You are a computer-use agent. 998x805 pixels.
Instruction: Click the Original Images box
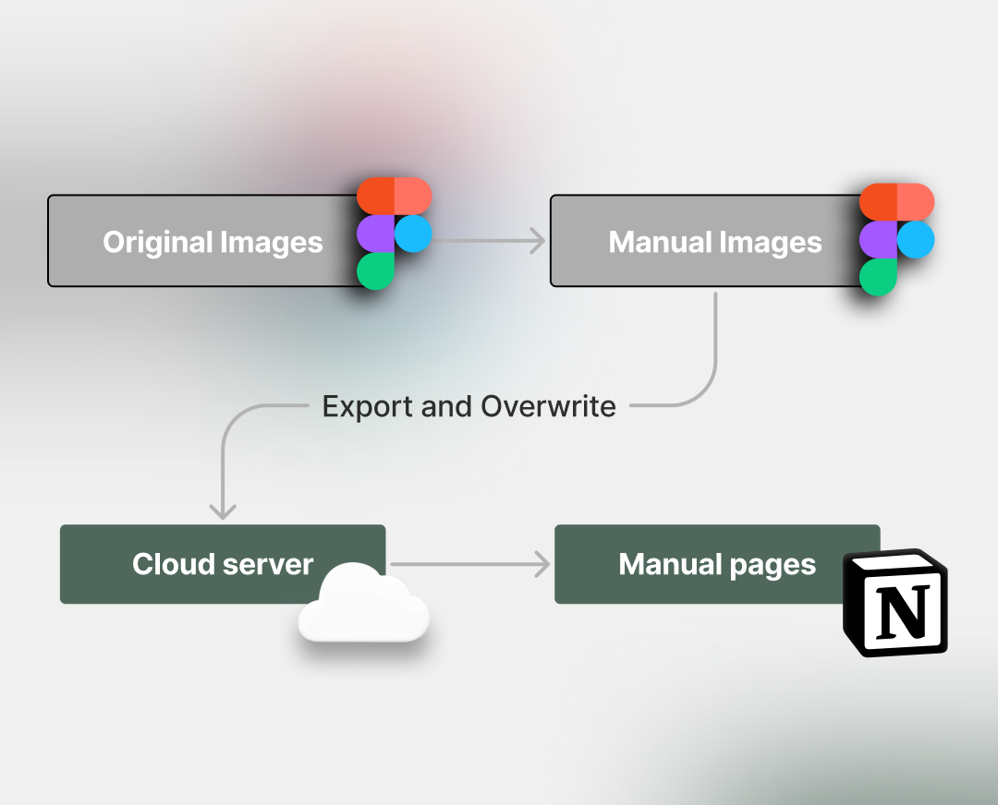pyautogui.click(x=203, y=241)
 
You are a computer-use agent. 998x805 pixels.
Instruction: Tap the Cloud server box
pyautogui.click(x=222, y=564)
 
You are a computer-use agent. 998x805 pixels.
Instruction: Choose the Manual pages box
pyautogui.click(x=716, y=564)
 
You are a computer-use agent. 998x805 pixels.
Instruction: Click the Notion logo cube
pyautogui.click(x=895, y=604)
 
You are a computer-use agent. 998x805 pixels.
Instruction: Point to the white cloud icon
pyautogui.click(x=363, y=605)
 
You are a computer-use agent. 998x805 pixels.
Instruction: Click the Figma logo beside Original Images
pyautogui.click(x=394, y=234)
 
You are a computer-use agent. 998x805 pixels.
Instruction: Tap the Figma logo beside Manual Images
pyautogui.click(x=896, y=239)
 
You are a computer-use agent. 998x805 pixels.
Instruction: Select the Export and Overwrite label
pyautogui.click(x=469, y=406)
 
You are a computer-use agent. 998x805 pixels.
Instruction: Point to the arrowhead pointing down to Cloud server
pyautogui.click(x=223, y=510)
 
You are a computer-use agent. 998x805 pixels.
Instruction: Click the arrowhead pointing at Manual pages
pyautogui.click(x=542, y=565)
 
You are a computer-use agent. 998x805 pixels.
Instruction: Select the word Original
pyautogui.click(x=157, y=242)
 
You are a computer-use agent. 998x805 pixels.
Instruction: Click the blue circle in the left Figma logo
pyautogui.click(x=414, y=234)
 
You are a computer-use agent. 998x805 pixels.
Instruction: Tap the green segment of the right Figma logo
pyautogui.click(x=878, y=276)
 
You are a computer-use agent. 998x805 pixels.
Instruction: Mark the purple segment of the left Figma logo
pyautogui.click(x=375, y=234)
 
